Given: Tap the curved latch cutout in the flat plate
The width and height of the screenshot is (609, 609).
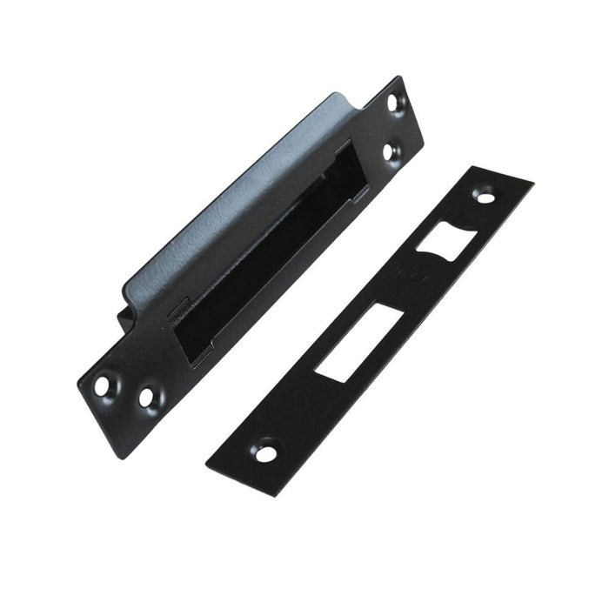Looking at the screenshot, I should tap(441, 237).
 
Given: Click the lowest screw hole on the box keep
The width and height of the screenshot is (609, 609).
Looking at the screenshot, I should tap(145, 399).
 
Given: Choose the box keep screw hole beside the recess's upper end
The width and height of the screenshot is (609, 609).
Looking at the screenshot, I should tap(388, 151).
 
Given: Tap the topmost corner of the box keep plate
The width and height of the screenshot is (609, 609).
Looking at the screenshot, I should tap(401, 77).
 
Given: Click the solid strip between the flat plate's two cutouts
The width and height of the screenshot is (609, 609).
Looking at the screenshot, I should tap(391, 296).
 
